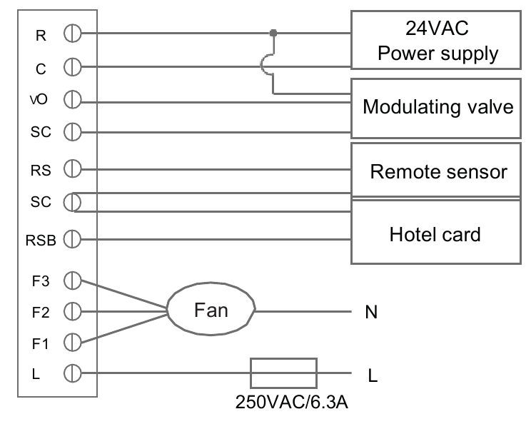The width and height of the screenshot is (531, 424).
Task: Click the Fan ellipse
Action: pyautogui.click(x=211, y=311)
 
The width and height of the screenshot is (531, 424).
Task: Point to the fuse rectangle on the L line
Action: pyautogui.click(x=283, y=373)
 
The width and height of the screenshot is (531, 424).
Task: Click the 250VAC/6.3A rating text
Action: pyautogui.click(x=292, y=402)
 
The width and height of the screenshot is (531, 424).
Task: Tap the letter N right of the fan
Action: pyautogui.click(x=370, y=312)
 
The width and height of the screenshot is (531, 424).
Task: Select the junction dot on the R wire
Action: pyautogui.click(x=273, y=33)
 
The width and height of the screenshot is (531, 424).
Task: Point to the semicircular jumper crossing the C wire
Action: pyautogui.click(x=265, y=67)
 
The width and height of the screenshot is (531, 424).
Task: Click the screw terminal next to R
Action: pyautogui.click(x=71, y=33)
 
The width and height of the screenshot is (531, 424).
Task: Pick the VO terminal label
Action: pyautogui.click(x=39, y=99)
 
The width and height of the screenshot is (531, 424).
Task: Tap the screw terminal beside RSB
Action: pyautogui.click(x=71, y=238)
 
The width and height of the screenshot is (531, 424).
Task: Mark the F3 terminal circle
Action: pyautogui.click(x=71, y=279)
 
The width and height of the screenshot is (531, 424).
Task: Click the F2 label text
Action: pyautogui.click(x=39, y=311)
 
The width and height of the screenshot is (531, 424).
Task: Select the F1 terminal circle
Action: pyautogui.click(x=71, y=342)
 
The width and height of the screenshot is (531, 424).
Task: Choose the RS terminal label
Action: pyautogui.click(x=39, y=170)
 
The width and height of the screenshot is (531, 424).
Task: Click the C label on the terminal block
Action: pyautogui.click(x=40, y=68)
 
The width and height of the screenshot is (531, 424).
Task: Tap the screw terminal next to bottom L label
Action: pyautogui.click(x=71, y=373)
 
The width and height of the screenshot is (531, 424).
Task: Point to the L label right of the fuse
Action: pyautogui.click(x=371, y=375)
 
